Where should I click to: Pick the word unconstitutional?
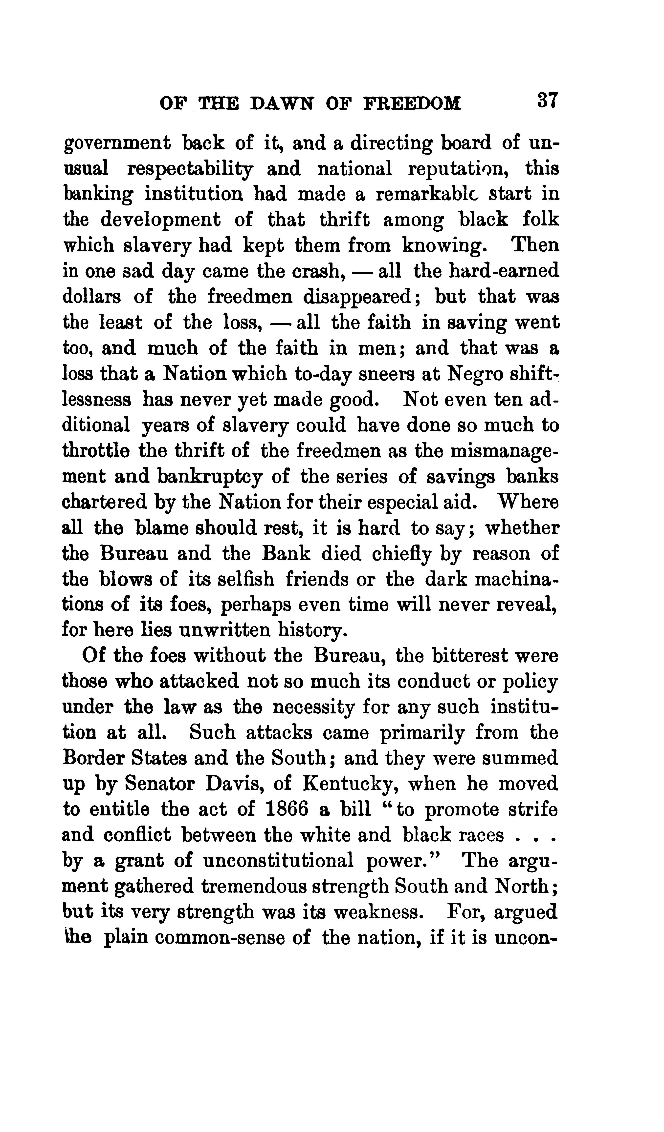[278, 861]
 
